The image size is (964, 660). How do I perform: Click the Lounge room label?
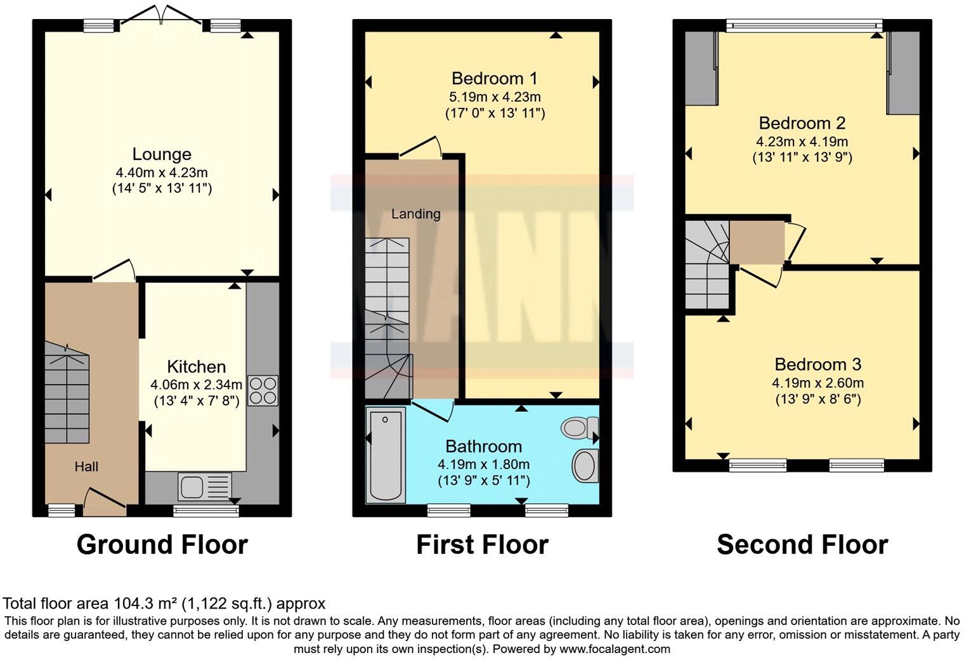point(162,154)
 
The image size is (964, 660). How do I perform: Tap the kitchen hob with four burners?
point(263,390)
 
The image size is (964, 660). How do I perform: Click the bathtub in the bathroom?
point(386,454)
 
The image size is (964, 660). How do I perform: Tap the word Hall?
point(86,467)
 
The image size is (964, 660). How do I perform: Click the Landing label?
point(415,214)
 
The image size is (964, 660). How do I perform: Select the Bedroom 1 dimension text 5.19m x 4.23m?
point(495,97)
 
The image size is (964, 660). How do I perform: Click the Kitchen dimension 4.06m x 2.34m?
point(196,384)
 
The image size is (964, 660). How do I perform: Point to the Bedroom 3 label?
point(817,364)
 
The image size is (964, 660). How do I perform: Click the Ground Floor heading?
point(162,544)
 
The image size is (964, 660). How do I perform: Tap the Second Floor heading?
point(802,544)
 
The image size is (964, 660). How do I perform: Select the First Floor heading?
point(482,544)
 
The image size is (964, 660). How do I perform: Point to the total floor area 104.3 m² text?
point(164,603)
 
